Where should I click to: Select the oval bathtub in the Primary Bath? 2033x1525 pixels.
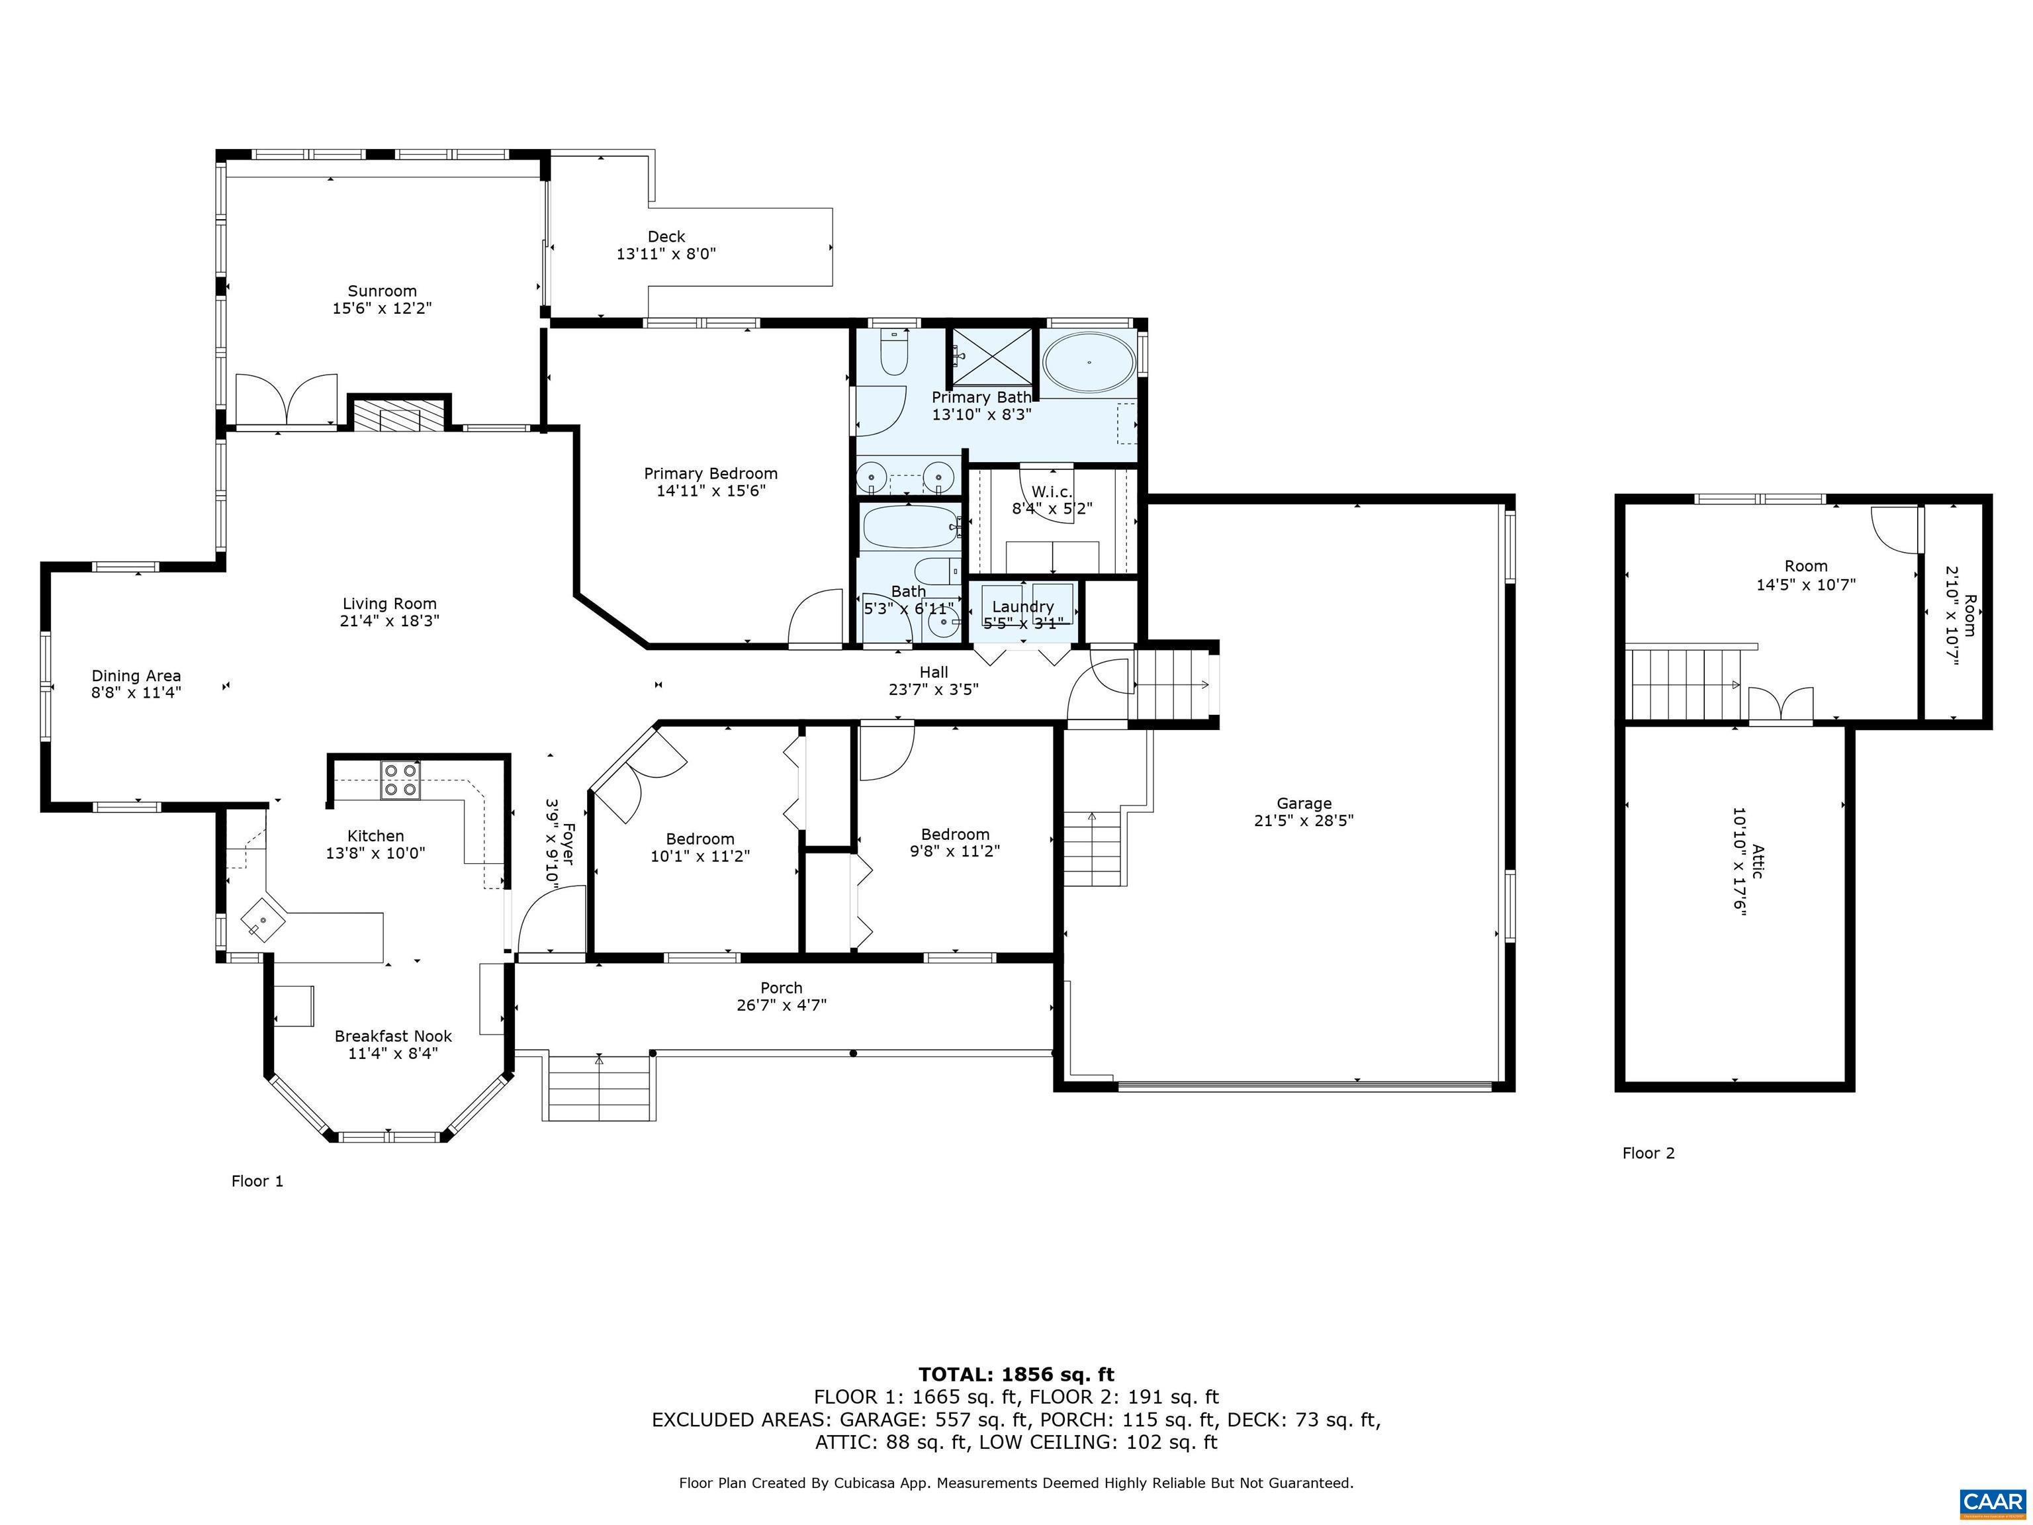[1089, 362]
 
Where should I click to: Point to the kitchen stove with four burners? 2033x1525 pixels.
[401, 780]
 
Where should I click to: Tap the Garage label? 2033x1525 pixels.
[1303, 804]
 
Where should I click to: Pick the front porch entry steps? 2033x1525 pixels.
[599, 1087]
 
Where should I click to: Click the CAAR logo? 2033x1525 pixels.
[1992, 1501]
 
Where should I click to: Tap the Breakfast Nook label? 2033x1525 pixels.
[392, 1036]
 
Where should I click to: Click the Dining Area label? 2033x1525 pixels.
[136, 676]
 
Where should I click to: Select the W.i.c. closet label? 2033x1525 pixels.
[1052, 492]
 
